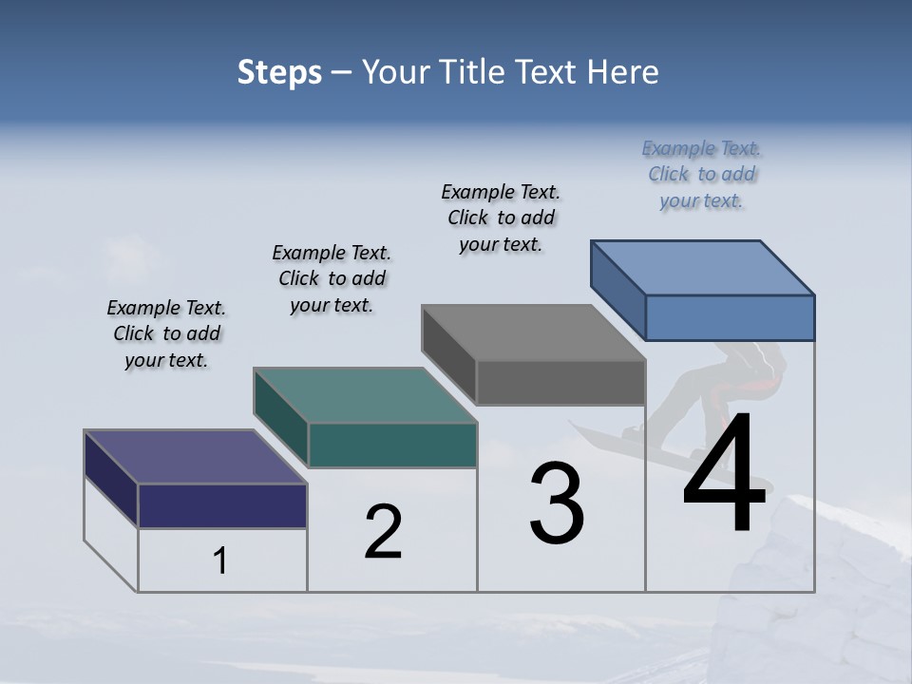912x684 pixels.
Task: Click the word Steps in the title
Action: click(279, 72)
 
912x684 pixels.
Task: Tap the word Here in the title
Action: click(623, 72)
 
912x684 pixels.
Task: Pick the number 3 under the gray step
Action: click(557, 503)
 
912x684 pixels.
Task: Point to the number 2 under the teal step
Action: click(384, 532)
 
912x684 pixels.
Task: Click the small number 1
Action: click(220, 561)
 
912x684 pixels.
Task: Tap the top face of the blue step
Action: click(702, 267)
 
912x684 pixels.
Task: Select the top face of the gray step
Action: click(533, 332)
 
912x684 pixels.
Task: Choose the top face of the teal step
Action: click(365, 395)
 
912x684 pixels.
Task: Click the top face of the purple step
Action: click(195, 457)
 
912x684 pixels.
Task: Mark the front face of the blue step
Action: click(730, 317)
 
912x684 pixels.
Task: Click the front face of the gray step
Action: click(560, 383)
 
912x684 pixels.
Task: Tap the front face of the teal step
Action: click(392, 445)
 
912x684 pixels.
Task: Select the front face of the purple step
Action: click(222, 505)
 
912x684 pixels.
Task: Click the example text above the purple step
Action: click(166, 333)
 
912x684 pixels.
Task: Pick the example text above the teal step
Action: click(332, 278)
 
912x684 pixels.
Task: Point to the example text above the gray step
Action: click(501, 218)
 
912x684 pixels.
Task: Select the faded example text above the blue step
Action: click(702, 174)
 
